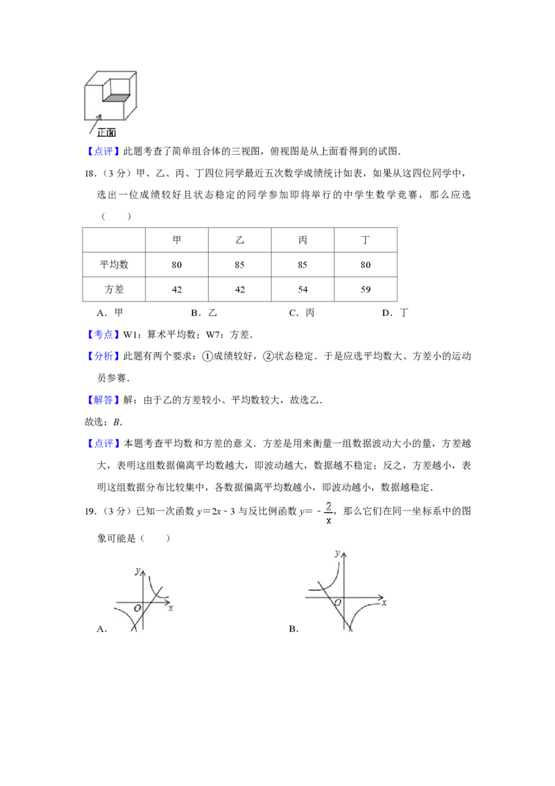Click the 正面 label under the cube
[x=106, y=132]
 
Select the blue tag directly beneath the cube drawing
[x=104, y=153]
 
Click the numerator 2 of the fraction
[x=329, y=506]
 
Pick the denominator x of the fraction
[x=329, y=521]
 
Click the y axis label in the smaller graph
[x=138, y=571]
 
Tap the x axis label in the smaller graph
[x=171, y=608]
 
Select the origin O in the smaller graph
[x=137, y=609]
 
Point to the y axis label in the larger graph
[x=336, y=553]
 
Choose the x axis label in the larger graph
[x=384, y=603]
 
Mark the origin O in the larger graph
[x=337, y=603]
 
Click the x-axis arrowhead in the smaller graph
[x=168, y=601]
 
